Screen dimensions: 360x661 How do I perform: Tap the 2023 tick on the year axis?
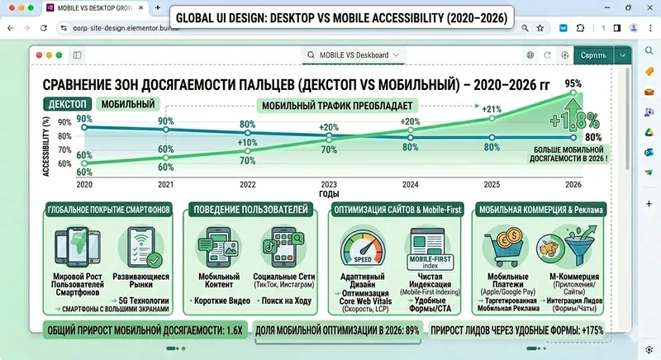point(329,185)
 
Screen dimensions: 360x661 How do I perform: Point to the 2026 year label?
point(568,185)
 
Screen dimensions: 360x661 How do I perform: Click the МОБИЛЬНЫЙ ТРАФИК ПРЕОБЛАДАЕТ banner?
point(337,106)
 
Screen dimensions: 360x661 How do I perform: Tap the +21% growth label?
point(492,109)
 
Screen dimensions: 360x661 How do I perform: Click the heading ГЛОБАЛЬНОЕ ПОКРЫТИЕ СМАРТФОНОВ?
point(109,211)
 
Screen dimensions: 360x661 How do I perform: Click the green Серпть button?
point(592,54)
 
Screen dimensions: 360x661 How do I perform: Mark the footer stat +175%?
point(590,330)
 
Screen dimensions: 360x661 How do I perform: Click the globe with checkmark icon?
point(144,246)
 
